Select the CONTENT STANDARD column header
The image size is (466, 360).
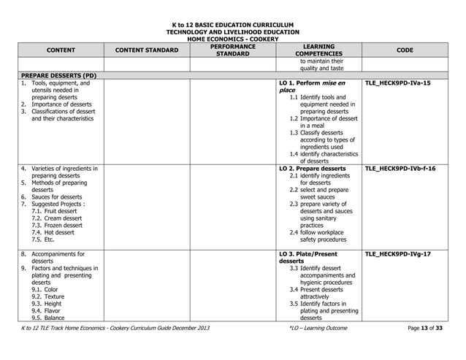(x=147, y=50)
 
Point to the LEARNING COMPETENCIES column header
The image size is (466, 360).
(x=318, y=50)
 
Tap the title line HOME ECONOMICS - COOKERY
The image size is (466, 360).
(x=232, y=39)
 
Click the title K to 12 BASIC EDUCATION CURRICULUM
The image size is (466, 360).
(x=232, y=24)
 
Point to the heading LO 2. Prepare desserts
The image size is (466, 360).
(x=312, y=169)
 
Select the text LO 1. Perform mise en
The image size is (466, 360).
(x=313, y=84)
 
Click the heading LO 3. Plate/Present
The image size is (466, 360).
(x=308, y=254)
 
